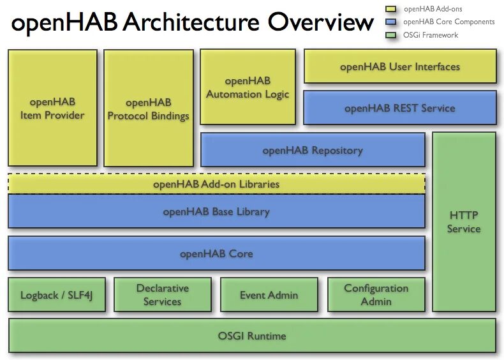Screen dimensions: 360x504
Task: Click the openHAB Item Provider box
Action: point(52,108)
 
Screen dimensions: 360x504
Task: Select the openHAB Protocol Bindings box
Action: point(148,108)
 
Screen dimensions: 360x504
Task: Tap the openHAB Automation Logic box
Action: point(248,87)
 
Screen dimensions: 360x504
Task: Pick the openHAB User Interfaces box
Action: point(399,66)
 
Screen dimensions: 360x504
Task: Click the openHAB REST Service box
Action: point(399,108)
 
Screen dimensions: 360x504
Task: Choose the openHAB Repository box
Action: point(313,150)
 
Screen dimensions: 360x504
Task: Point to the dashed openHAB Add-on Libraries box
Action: point(216,184)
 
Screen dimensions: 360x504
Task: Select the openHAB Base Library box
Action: point(216,211)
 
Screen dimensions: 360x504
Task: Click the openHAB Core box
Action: point(216,253)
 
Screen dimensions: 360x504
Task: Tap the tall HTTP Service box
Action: point(464,221)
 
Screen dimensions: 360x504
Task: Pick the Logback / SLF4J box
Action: point(57,295)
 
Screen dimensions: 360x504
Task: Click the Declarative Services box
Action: point(162,295)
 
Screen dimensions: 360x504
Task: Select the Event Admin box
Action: point(269,295)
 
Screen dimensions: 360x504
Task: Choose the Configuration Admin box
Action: point(376,295)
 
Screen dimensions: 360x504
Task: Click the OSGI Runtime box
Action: point(252,336)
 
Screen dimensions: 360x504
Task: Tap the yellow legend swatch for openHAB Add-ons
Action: point(390,9)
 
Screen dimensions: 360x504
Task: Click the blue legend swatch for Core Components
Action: point(390,22)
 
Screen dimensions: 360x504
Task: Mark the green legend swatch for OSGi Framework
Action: point(390,35)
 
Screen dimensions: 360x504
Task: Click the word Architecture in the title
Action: point(190,23)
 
